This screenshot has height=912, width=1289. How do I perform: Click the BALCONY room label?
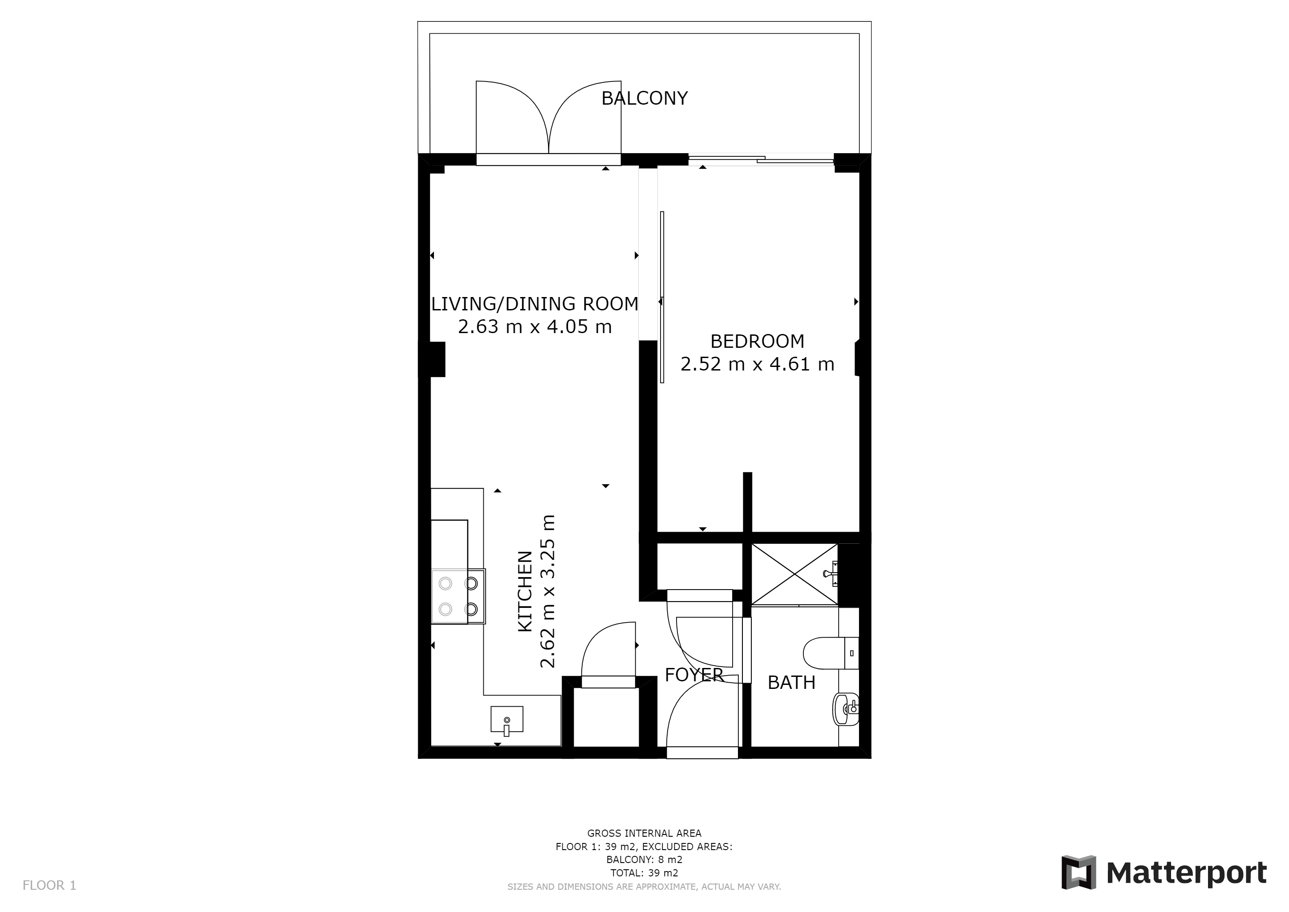click(x=644, y=98)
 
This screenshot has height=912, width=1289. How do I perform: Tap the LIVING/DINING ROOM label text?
click(x=535, y=304)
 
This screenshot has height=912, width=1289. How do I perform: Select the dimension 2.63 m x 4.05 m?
click(x=535, y=327)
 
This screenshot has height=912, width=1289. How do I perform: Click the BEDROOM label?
click(x=758, y=342)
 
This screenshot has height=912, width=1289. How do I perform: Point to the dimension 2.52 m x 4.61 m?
click(x=758, y=364)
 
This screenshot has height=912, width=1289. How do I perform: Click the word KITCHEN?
click(x=525, y=591)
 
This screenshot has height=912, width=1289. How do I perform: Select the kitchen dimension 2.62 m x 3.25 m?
click(x=547, y=591)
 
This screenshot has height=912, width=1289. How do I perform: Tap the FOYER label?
click(x=694, y=675)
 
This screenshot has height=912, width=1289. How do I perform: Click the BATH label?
click(x=791, y=682)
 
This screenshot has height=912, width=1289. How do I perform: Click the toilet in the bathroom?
click(x=831, y=653)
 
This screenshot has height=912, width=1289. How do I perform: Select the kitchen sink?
click(x=507, y=720)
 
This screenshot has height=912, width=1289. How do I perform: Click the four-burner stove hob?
click(x=458, y=596)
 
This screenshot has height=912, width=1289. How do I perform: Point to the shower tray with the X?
click(x=794, y=574)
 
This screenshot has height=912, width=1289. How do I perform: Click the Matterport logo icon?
click(x=1078, y=872)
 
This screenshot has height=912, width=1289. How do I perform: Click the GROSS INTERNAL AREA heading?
click(x=644, y=833)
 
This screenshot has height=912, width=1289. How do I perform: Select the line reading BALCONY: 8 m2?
click(x=644, y=860)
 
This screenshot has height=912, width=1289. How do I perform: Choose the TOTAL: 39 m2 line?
click(x=644, y=873)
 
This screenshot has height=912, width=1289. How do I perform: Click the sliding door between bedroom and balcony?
click(x=761, y=159)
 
